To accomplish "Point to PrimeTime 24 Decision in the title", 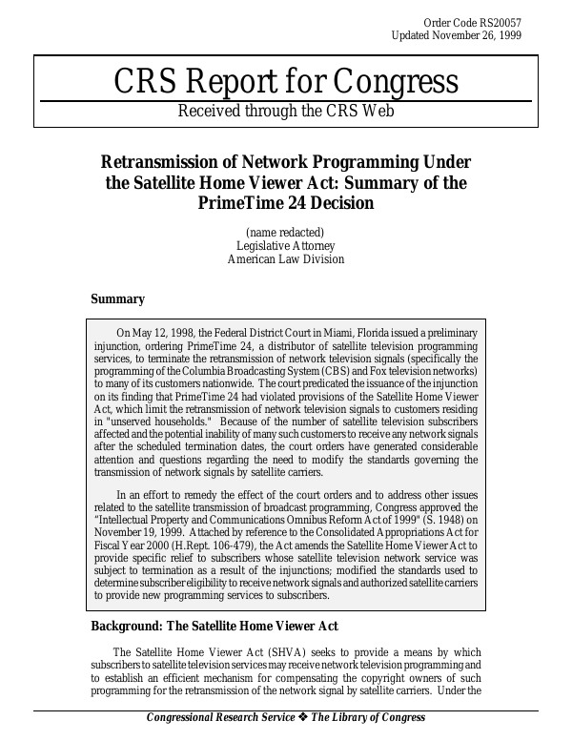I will click(286, 202).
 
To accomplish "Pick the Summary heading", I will click(117, 299).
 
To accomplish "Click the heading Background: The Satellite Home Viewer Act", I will click(214, 626).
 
